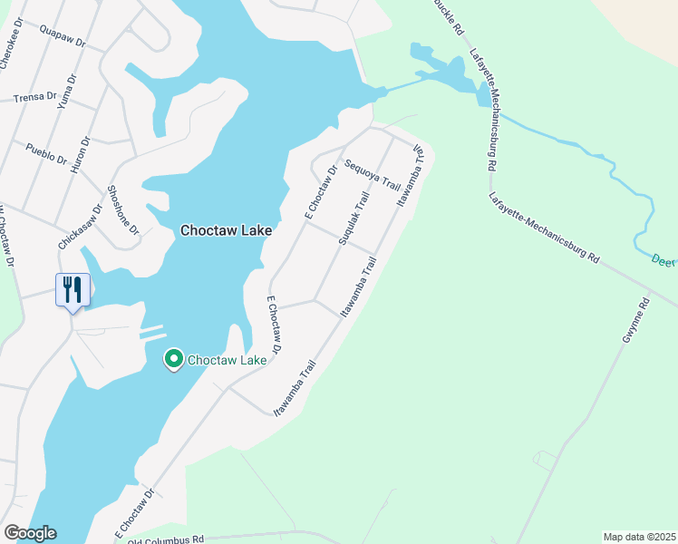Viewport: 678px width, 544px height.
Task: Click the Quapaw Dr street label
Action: (x=62, y=36)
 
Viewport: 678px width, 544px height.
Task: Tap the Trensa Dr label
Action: (x=35, y=95)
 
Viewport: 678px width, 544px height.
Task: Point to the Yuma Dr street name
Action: (x=63, y=93)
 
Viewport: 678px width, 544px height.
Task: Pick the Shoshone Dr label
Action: (x=123, y=210)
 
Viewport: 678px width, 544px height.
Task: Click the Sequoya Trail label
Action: (x=373, y=170)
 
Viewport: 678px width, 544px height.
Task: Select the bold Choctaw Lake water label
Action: (x=227, y=231)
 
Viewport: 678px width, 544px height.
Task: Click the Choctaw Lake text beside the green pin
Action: (x=227, y=360)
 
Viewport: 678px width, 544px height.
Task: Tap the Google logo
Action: (x=30, y=533)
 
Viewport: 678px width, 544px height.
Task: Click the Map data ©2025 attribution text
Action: (x=639, y=537)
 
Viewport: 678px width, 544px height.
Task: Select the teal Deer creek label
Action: (x=663, y=260)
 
